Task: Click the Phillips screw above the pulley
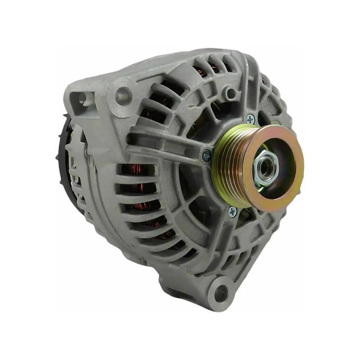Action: tap(250, 119)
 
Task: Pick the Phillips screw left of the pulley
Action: tap(207, 155)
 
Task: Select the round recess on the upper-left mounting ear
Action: tap(123, 95)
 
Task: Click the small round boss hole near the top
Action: tap(231, 93)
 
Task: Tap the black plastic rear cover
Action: tap(63, 144)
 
